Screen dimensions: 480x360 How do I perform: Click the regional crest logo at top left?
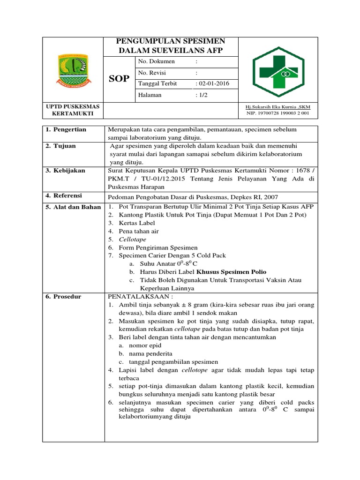(x=73, y=70)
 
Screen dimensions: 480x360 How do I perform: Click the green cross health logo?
(x=278, y=70)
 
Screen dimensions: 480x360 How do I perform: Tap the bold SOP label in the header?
(x=120, y=78)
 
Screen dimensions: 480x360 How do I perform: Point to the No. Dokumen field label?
(x=157, y=61)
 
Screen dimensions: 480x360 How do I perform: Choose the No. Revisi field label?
(x=152, y=73)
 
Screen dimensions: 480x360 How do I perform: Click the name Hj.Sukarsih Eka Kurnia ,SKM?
(x=278, y=107)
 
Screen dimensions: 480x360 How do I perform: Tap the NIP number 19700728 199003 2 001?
(x=278, y=113)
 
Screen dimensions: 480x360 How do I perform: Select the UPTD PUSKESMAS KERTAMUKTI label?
(x=73, y=110)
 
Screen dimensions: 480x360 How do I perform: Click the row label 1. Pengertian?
(x=66, y=129)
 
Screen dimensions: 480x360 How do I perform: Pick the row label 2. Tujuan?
(x=61, y=146)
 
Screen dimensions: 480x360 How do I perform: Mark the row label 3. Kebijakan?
(x=66, y=171)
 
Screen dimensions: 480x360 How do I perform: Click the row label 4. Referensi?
(x=65, y=195)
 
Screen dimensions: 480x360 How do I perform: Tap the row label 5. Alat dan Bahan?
(x=73, y=207)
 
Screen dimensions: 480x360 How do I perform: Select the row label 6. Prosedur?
(x=64, y=297)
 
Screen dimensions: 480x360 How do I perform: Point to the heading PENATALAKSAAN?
(x=141, y=297)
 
